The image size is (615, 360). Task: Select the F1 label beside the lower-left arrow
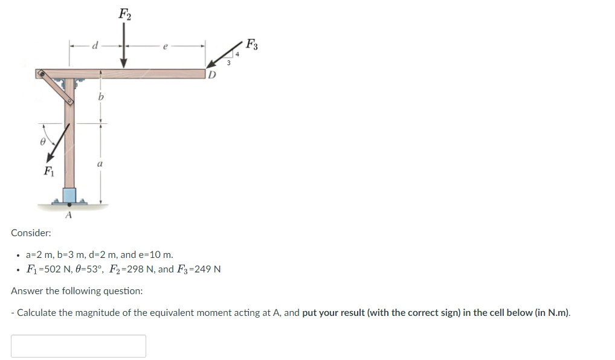[x=48, y=172]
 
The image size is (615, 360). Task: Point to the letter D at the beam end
[x=211, y=76]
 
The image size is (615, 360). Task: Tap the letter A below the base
[x=68, y=215]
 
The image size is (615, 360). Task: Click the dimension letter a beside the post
[x=100, y=164]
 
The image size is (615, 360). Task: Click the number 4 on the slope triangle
[x=237, y=55]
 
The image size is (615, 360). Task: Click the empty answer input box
[x=79, y=346]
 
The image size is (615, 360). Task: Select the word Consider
[x=31, y=233]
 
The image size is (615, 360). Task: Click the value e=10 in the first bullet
[x=153, y=255]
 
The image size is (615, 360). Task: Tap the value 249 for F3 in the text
[x=206, y=269]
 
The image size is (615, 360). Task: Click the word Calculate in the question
[x=36, y=313]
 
